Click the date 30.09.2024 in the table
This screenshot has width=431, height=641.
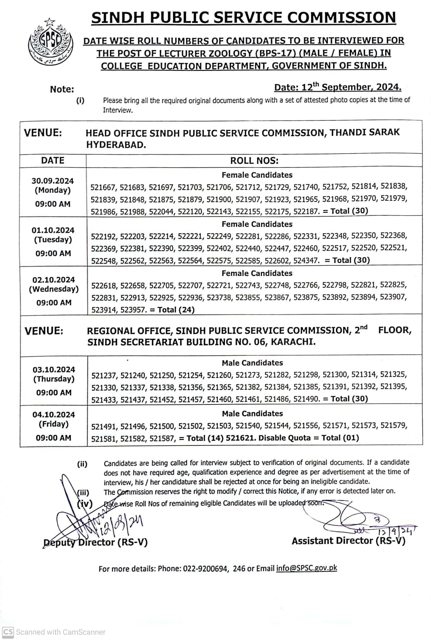52,181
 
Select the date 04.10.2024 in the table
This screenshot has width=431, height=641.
53,414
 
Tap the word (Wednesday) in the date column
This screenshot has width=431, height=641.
53,289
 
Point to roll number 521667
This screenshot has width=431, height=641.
104,187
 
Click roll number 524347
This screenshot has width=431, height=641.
306,260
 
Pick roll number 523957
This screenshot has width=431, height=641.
133,309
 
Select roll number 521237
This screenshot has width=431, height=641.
105,375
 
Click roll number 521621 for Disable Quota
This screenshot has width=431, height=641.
242,438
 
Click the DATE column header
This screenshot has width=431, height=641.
53,160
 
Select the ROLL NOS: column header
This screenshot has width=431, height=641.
254,161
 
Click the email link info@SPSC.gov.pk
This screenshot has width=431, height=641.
306,568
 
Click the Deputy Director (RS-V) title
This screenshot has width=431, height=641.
95,542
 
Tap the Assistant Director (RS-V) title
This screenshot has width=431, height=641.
348,541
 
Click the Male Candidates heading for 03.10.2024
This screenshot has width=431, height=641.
252,363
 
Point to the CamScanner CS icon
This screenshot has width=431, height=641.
8,632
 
